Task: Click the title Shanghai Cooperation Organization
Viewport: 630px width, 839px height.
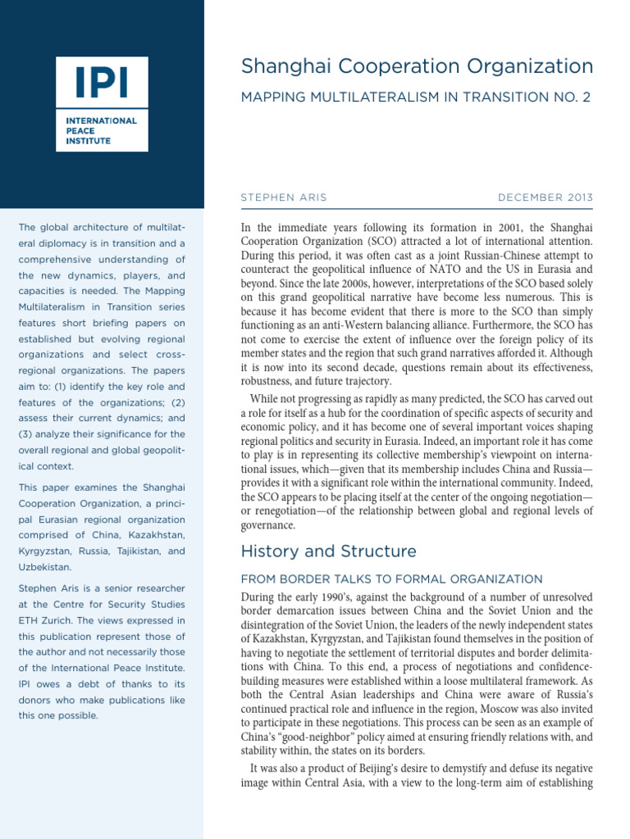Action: [x=416, y=66]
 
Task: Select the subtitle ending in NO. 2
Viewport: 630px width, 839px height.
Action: [x=415, y=98]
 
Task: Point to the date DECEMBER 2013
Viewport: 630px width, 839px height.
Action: [x=545, y=198]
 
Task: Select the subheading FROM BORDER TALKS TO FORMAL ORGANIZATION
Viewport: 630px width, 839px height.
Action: [x=391, y=579]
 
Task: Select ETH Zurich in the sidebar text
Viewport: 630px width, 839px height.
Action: [x=46, y=620]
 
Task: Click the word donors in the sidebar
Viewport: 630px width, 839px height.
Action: [x=36, y=700]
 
